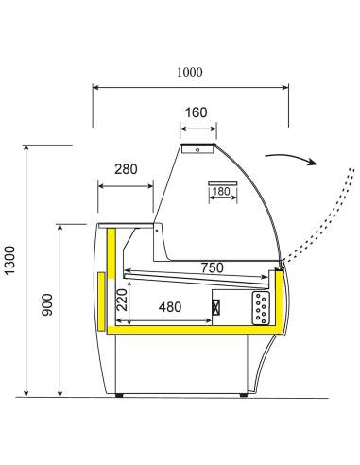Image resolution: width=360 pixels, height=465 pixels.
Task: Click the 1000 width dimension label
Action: click(x=189, y=72)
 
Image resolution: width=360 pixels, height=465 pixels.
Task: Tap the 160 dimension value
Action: click(x=196, y=112)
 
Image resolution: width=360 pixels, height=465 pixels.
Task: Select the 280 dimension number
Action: click(x=126, y=169)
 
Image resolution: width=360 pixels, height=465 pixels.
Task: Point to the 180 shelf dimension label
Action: click(x=221, y=191)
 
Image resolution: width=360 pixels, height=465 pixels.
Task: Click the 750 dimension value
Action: click(x=213, y=267)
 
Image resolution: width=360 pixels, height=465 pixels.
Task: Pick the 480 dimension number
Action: click(x=170, y=307)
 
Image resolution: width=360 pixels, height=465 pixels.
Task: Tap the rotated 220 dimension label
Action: click(x=123, y=300)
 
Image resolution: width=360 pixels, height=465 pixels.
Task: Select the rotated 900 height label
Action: click(x=47, y=304)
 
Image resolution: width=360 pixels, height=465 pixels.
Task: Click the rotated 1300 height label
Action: click(x=9, y=261)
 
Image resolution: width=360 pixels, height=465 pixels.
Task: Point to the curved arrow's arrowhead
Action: click(x=312, y=162)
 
